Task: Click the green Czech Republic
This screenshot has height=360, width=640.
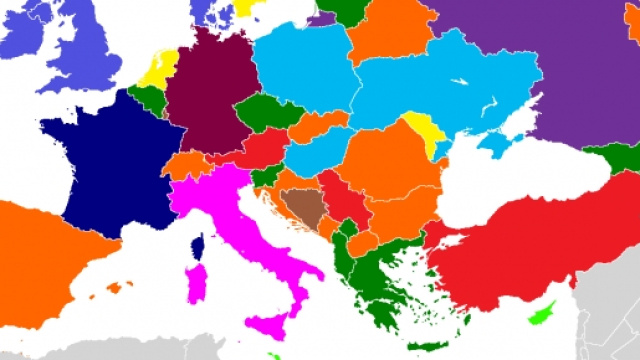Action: [x=265, y=115]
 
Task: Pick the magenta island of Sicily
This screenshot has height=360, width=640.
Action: [x=270, y=325]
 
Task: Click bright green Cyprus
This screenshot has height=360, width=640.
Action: [x=543, y=314]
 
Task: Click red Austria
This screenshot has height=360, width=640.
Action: [x=263, y=149]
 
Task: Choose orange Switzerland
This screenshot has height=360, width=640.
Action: [x=184, y=165]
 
